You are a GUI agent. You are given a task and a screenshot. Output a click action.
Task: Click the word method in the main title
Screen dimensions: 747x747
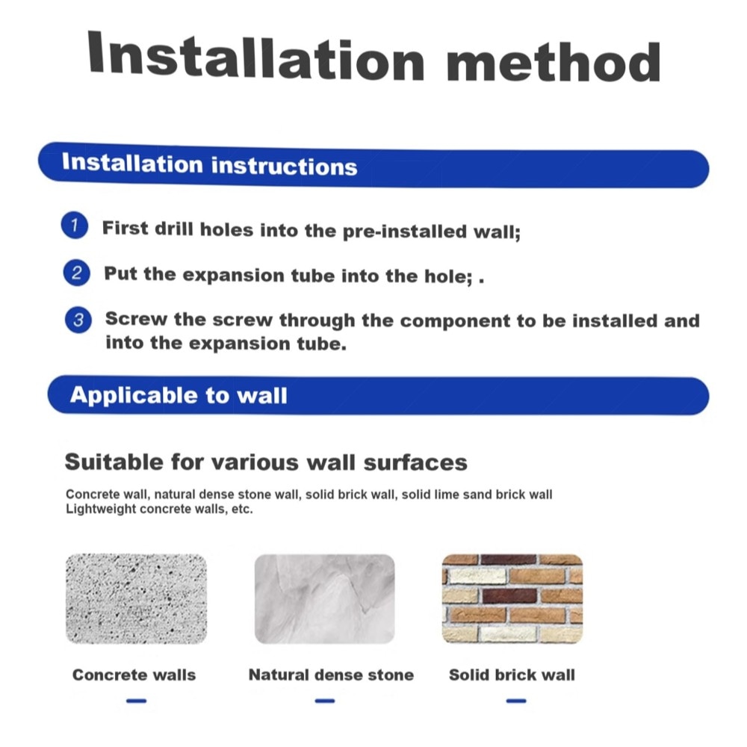click(554, 61)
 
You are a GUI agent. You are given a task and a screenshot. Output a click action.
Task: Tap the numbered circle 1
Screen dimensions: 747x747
click(74, 225)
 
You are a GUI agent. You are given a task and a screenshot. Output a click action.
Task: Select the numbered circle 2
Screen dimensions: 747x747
click(76, 273)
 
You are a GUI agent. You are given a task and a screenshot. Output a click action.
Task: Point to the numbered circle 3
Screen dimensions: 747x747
click(78, 320)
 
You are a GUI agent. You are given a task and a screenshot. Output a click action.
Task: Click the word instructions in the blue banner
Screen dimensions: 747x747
click(284, 167)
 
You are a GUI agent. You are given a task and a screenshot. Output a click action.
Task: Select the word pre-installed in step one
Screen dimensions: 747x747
click(405, 232)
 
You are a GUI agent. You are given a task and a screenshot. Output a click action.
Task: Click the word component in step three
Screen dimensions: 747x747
click(456, 321)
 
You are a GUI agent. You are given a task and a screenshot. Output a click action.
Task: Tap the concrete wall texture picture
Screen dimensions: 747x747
click(136, 599)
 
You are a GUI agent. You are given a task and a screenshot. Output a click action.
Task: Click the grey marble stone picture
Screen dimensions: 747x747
click(324, 599)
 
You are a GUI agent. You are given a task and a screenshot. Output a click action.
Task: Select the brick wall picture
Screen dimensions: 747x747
click(512, 599)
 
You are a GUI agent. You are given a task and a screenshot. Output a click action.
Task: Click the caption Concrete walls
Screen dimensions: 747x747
click(134, 675)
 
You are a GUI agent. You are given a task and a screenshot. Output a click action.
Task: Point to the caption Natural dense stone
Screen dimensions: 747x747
click(331, 675)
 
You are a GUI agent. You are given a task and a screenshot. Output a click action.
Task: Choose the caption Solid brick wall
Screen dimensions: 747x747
click(512, 675)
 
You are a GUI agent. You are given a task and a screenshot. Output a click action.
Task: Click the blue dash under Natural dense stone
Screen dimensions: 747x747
click(325, 701)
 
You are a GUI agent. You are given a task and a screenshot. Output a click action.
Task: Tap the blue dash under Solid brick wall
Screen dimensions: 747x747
click(516, 701)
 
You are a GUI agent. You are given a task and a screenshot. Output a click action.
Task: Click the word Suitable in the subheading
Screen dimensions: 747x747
click(114, 462)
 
